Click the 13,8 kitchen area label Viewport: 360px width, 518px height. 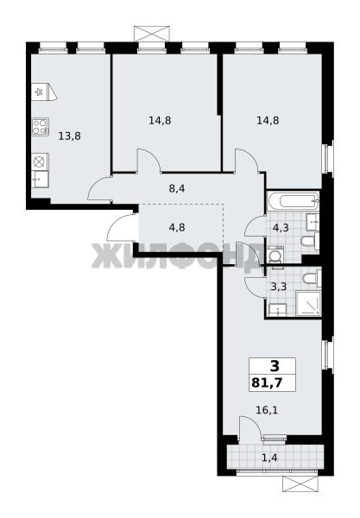click(x=69, y=136)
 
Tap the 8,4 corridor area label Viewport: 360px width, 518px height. click(x=177, y=188)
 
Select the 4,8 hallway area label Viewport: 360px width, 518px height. click(x=177, y=228)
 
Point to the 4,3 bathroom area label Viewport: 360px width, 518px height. click(x=281, y=228)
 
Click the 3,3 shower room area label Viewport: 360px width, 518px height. click(x=279, y=286)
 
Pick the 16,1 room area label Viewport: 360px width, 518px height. click(x=267, y=410)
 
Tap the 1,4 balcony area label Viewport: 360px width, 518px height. click(x=269, y=458)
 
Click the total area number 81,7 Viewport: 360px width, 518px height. click(x=267, y=382)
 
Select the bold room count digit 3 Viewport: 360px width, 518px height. click(x=275, y=366)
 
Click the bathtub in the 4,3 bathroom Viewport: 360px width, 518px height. click(x=294, y=201)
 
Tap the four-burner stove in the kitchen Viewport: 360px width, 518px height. click(x=41, y=127)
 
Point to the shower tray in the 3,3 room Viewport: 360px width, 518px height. click(x=308, y=303)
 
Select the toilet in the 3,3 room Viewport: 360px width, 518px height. click(x=312, y=278)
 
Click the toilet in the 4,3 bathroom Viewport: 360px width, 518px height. click(x=310, y=241)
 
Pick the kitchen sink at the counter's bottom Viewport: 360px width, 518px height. click(x=40, y=180)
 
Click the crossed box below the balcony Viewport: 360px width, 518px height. click(x=300, y=484)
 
